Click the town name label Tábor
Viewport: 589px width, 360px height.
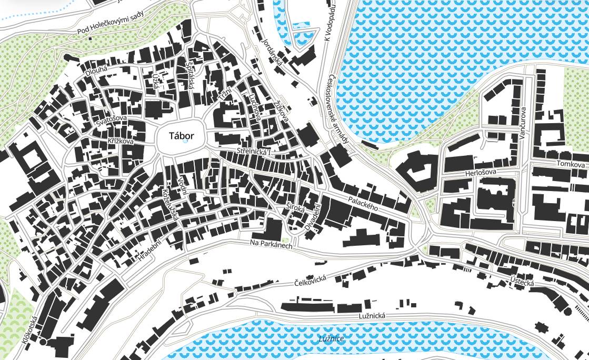(182, 136)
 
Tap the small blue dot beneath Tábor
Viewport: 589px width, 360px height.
(184, 142)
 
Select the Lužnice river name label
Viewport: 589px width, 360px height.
(331, 338)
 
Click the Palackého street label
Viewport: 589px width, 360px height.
(364, 203)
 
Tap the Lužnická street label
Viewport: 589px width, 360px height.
(372, 315)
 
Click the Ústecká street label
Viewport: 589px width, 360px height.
(522, 282)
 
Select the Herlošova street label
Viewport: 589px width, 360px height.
(481, 173)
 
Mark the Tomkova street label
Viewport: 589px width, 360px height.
(571, 165)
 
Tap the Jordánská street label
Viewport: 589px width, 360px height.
(273, 53)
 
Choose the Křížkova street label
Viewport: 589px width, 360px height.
(119, 142)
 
